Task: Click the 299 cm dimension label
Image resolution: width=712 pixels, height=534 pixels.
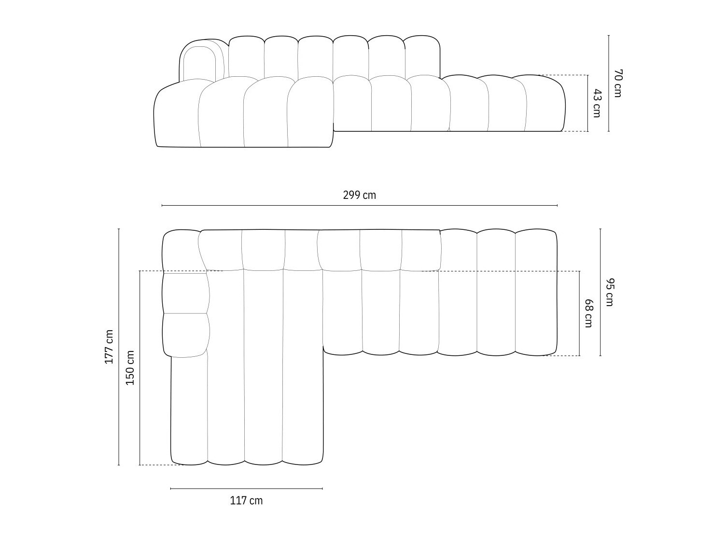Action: (x=359, y=195)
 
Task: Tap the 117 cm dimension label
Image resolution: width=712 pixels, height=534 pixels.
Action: (x=246, y=501)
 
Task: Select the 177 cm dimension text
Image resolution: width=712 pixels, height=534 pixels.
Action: (x=109, y=347)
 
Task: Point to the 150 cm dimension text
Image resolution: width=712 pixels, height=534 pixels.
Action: (x=130, y=367)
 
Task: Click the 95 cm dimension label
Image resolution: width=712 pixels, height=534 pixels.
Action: (x=609, y=292)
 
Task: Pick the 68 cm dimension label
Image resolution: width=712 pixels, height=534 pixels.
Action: (x=588, y=313)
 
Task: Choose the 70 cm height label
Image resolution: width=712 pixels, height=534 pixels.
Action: (x=617, y=83)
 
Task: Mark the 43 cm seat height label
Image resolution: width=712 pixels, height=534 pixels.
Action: (x=597, y=103)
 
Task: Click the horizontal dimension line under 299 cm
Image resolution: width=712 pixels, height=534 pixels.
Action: (x=359, y=206)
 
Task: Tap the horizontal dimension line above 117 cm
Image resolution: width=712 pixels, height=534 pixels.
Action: (x=246, y=489)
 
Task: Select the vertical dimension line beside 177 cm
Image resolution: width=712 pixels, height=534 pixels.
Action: (x=119, y=347)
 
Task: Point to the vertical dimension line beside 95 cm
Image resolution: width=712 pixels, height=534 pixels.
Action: (x=600, y=292)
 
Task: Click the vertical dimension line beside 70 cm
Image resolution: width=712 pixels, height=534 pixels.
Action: (x=609, y=83)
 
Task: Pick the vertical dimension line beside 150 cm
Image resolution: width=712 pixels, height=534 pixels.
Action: (x=140, y=367)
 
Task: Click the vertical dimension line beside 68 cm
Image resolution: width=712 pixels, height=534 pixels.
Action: (x=580, y=313)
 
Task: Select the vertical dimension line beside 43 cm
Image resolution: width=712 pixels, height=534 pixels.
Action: (x=588, y=103)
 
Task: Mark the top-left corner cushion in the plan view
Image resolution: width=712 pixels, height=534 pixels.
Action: (x=181, y=251)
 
